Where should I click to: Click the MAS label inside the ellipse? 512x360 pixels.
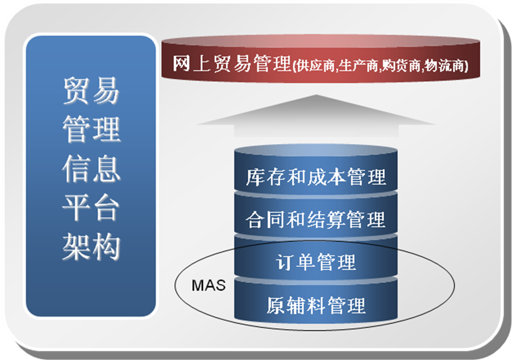209,285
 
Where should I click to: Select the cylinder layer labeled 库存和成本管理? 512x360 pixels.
316,170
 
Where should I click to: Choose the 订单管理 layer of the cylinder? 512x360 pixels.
316,258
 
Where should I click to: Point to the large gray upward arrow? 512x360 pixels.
316,116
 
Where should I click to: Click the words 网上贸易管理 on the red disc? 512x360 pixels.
231,64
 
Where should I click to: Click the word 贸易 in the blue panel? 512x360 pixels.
91,91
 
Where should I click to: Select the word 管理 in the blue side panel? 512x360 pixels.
91,129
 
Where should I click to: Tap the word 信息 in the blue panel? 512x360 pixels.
91,169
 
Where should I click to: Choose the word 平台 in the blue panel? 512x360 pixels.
91,208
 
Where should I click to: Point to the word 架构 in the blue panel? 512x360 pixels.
91,247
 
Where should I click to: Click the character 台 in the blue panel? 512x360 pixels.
106,208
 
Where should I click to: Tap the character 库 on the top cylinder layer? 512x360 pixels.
256,177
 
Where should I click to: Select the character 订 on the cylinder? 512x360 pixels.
285,262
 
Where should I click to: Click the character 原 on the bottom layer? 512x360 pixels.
276,305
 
